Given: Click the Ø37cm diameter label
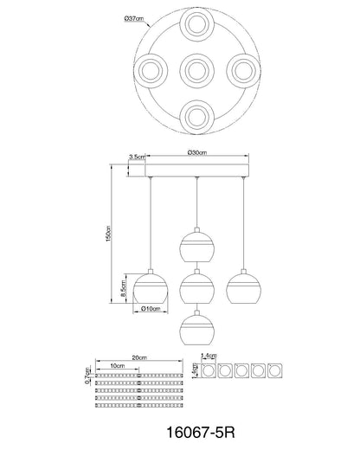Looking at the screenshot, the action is [x=133, y=19].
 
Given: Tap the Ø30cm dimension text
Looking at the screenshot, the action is [x=197, y=152].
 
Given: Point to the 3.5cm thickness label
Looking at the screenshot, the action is [x=137, y=157].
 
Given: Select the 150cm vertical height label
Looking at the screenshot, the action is [x=108, y=234].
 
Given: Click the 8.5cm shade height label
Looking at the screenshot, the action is [x=124, y=288].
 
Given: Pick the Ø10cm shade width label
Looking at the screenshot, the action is [x=151, y=309].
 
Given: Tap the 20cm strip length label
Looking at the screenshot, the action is [x=139, y=357].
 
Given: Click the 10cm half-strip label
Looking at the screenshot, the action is [x=118, y=366].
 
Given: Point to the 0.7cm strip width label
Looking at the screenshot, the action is [x=87, y=376].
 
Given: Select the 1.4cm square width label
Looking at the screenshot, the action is [x=209, y=356].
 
